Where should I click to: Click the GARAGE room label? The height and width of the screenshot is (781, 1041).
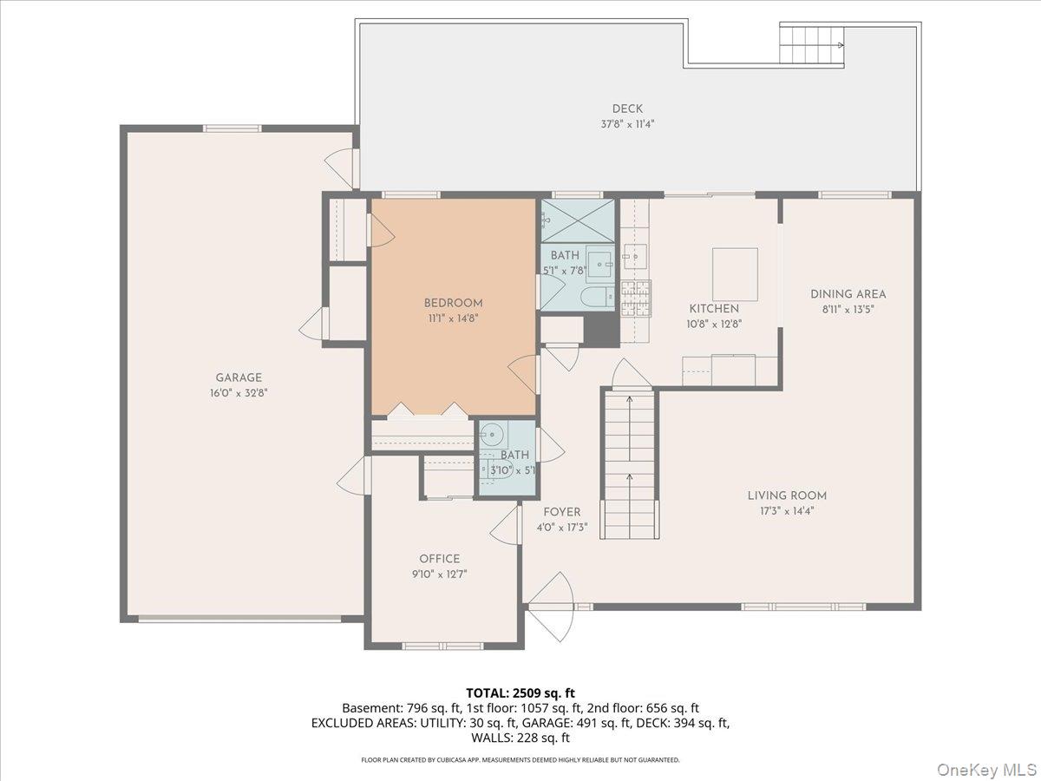click(x=239, y=377)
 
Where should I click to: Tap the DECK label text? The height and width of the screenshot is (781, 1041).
click(x=627, y=108)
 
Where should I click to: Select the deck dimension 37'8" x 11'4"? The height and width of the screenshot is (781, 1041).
click(x=627, y=123)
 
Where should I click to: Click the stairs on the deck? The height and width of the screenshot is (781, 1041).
click(x=811, y=44)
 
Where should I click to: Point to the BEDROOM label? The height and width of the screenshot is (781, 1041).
click(x=453, y=303)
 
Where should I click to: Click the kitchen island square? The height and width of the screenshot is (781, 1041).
click(x=735, y=274)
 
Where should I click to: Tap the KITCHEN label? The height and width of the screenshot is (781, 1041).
click(x=714, y=309)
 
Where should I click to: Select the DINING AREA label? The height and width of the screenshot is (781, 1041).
click(x=848, y=294)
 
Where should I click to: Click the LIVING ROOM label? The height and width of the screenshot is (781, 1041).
click(x=787, y=496)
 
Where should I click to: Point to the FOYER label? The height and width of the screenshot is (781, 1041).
click(x=562, y=512)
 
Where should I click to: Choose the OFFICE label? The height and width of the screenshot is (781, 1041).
click(x=440, y=559)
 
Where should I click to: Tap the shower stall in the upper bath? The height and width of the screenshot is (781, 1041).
click(x=578, y=221)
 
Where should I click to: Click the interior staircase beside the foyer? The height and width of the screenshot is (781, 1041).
click(x=629, y=464)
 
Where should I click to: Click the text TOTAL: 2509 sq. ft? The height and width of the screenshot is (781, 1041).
click(x=520, y=692)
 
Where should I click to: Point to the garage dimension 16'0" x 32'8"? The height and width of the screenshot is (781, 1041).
click(x=239, y=392)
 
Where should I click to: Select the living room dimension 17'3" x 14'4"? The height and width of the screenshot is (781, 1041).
click(x=787, y=510)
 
